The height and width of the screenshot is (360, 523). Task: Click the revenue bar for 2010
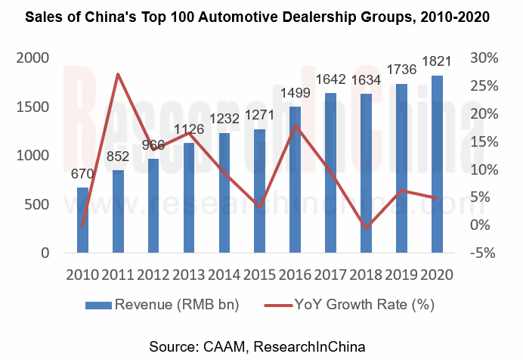point(82,220)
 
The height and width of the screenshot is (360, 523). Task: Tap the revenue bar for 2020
point(438,163)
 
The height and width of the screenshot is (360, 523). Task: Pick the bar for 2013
point(189,197)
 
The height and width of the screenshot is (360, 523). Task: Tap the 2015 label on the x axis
point(260,274)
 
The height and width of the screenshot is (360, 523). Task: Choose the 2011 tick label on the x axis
point(118,274)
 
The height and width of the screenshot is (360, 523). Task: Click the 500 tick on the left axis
point(38,204)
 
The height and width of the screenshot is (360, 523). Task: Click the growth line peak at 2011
point(118,74)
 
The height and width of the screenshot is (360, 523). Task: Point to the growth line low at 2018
point(367,228)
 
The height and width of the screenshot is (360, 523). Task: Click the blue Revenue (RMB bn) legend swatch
point(97,306)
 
